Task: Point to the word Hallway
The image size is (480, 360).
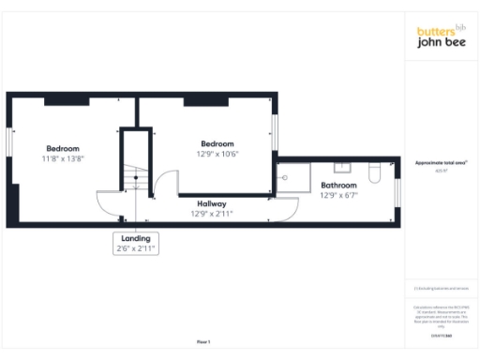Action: [211, 203]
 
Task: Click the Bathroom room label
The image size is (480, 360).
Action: [338, 186]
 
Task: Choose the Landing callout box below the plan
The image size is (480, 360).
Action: [135, 244]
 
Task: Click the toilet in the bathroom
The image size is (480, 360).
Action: [375, 172]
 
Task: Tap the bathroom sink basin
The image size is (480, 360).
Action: [342, 167]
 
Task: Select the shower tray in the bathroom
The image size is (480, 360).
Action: [292, 175]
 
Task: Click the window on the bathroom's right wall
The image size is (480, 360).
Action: [397, 190]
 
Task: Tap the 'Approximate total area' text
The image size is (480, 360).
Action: [441, 163]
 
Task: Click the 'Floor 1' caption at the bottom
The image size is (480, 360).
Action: [203, 342]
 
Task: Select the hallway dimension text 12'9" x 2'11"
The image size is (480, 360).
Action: [211, 214]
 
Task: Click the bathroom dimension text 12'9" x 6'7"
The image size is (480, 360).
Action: [338, 196]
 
